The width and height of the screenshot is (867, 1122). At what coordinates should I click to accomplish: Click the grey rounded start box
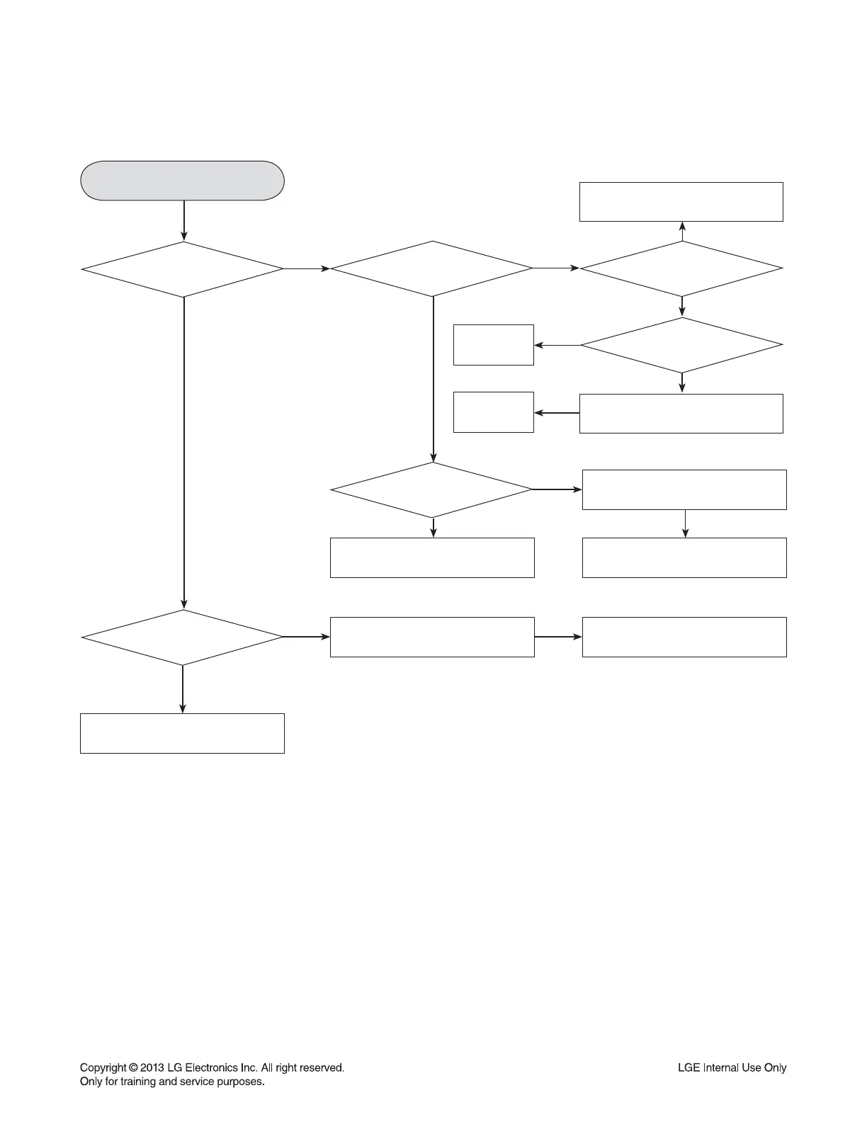[x=183, y=181]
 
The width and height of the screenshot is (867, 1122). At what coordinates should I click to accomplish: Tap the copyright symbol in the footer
[x=134, y=1067]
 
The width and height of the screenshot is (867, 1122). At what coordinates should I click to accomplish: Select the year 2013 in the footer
[x=152, y=1067]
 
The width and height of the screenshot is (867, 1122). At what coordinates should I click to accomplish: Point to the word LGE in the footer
[x=688, y=1067]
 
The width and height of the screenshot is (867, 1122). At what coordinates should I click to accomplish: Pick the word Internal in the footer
[x=720, y=1067]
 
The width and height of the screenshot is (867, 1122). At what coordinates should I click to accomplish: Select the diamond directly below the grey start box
[x=183, y=269]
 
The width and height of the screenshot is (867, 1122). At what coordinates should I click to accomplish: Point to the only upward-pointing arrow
[x=682, y=231]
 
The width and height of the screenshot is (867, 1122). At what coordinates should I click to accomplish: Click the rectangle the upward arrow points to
[x=681, y=202]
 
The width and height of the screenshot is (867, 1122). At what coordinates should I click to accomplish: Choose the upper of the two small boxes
[x=494, y=345]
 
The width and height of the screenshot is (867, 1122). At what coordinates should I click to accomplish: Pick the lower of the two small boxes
[x=494, y=412]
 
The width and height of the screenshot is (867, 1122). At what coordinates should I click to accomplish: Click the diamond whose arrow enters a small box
[x=681, y=345]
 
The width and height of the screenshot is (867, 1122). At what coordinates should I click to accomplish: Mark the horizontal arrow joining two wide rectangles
[x=558, y=637]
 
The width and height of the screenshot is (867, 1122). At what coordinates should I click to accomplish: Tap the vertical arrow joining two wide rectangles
[x=685, y=523]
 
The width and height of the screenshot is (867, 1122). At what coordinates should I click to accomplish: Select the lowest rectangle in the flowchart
[x=183, y=733]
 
